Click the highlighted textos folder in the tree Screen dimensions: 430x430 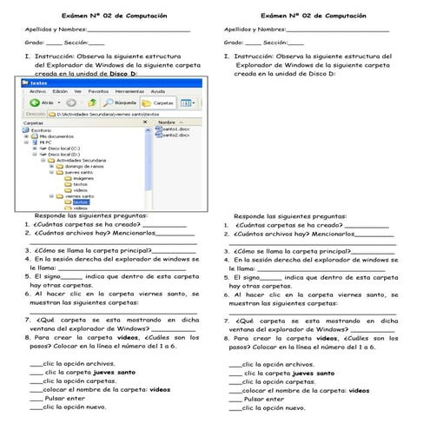pyautogui.click(x=81, y=202)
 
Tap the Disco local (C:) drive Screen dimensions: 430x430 pyautogui.click(x=65, y=147)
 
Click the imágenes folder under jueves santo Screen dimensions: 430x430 pyautogui.click(x=83, y=177)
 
